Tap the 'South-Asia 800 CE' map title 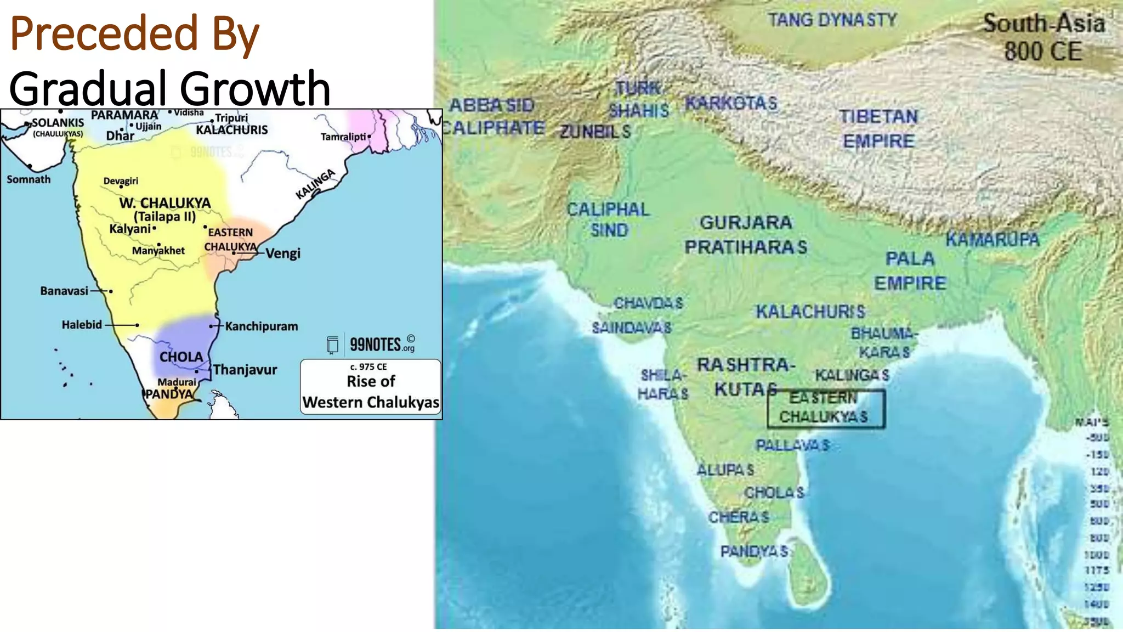point(1043,37)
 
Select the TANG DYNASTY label point(832,20)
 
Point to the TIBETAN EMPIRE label point(878,129)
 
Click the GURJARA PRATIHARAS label point(746,235)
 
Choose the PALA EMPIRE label point(910,271)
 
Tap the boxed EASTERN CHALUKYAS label point(825,408)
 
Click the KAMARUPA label point(992,240)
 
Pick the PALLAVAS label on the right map point(792,445)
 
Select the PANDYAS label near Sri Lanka point(754,551)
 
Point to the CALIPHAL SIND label point(608,219)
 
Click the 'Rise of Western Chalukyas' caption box point(371,387)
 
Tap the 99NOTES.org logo point(371,345)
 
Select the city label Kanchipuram point(262,326)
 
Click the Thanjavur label point(245,370)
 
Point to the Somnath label point(29,179)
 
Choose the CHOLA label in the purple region point(181,357)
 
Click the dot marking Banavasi point(111,291)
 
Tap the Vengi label point(283,253)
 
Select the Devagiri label point(121,181)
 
